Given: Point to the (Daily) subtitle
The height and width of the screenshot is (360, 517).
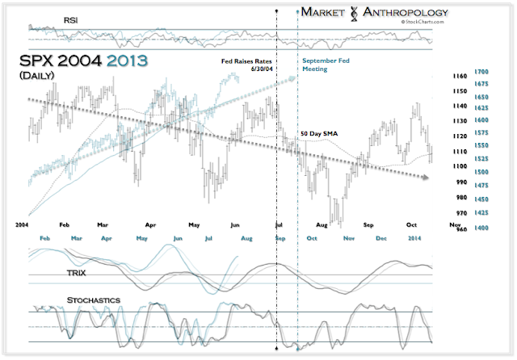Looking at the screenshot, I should (39, 76).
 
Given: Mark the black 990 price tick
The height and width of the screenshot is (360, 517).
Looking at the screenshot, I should (457, 182).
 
